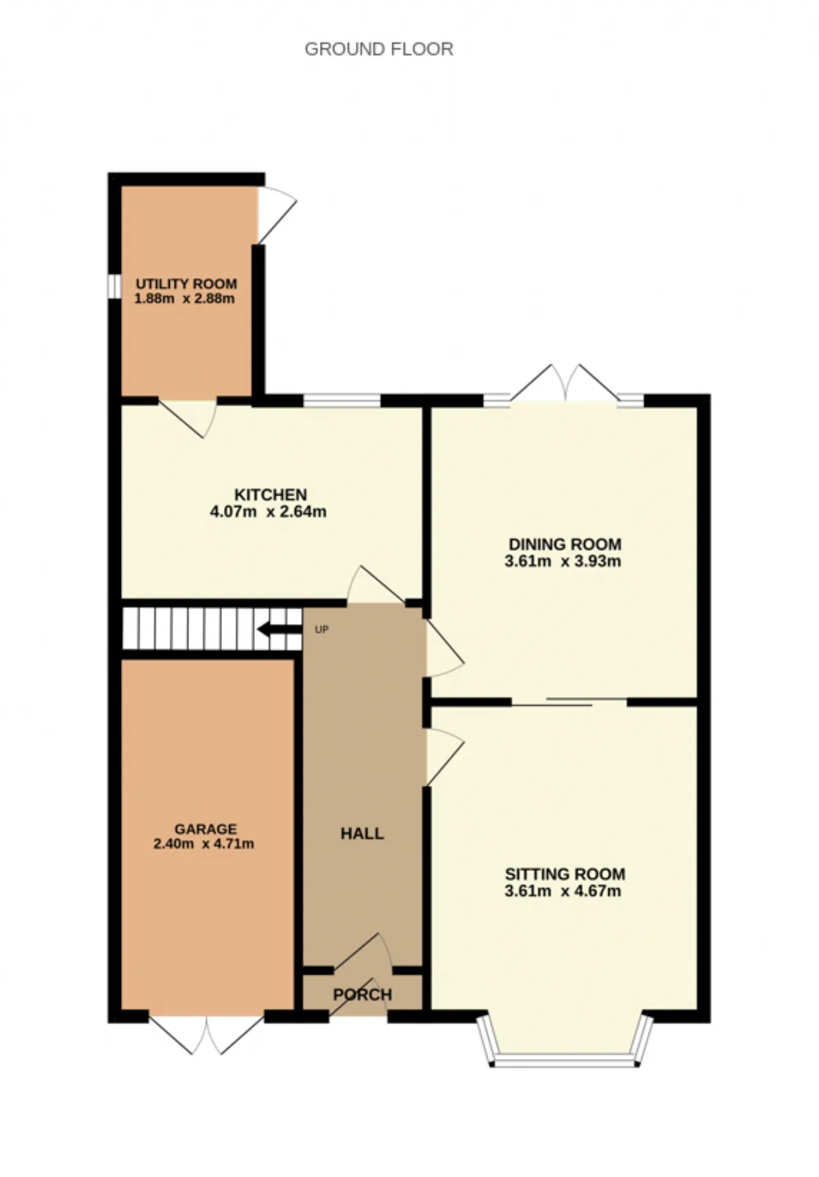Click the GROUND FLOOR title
click(379, 49)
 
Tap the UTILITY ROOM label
click(186, 284)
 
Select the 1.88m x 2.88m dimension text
click(184, 299)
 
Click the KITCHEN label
click(271, 495)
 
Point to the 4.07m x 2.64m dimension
click(268, 511)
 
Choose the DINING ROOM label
click(565, 545)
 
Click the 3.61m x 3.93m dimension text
click(563, 561)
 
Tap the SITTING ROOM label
click(565, 874)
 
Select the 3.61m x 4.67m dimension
click(563, 891)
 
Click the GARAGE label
click(205, 829)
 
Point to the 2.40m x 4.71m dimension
click(203, 844)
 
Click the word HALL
click(362, 834)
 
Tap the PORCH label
click(362, 995)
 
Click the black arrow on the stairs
click(280, 630)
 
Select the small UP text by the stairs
click(322, 630)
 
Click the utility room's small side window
click(115, 286)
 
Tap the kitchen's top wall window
click(342, 401)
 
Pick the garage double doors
click(207, 1034)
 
